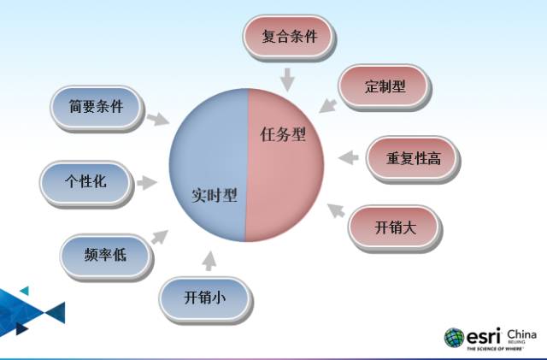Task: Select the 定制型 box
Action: tap(384, 86)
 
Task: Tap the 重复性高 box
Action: tap(413, 158)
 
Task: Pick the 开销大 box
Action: tap(395, 227)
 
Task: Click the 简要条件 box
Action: tap(96, 107)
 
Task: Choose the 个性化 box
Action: tap(85, 182)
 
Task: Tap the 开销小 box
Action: tap(206, 298)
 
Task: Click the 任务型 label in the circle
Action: tap(282, 134)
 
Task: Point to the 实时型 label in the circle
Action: tap(214, 195)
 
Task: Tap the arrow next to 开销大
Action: tap(337, 210)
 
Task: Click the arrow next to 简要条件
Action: tap(156, 120)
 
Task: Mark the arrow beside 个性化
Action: tap(147, 181)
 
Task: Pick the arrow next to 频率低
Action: tap(159, 235)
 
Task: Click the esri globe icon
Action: tap(454, 337)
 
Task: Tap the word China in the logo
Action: tap(521, 333)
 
